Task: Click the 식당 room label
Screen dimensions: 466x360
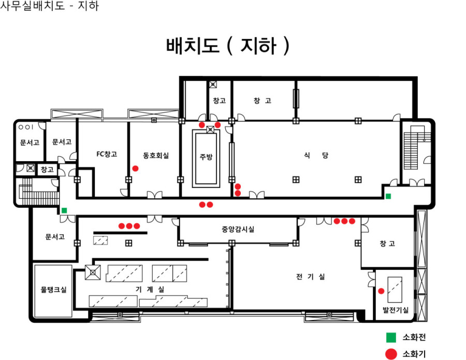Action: [316, 155]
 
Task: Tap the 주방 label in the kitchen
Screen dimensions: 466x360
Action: [206, 156]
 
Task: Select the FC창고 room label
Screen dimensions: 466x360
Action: [107, 154]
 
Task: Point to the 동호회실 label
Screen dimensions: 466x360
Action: [156, 155]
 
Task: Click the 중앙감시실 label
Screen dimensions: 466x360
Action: [238, 229]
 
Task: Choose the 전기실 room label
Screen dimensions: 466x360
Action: [311, 277]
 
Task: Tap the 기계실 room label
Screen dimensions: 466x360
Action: [150, 289]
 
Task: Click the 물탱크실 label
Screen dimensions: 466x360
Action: [53, 290]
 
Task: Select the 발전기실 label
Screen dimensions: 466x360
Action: [395, 310]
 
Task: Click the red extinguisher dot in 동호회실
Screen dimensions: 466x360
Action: [135, 168]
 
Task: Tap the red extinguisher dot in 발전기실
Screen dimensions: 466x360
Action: [381, 291]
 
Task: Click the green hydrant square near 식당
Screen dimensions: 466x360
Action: [388, 196]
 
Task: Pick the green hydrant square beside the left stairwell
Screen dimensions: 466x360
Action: [64, 210]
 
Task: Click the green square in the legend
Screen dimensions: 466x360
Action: [391, 337]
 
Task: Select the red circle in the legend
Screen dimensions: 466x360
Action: [391, 354]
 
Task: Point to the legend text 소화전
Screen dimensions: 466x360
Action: [414, 337]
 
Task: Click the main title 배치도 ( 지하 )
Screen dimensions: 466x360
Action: [228, 46]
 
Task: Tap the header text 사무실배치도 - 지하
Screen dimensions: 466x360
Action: [49, 6]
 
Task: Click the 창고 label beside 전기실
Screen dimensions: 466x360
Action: [387, 243]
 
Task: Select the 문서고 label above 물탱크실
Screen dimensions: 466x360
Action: [55, 237]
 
